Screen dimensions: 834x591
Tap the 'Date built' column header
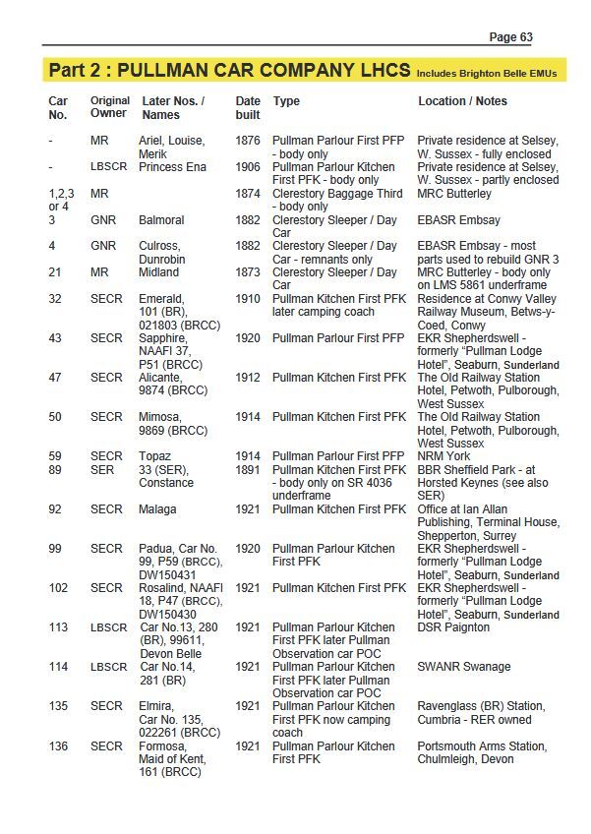click(x=248, y=107)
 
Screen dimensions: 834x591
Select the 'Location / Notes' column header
click(x=462, y=101)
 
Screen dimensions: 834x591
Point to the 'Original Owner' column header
click(x=110, y=107)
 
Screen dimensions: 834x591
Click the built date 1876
click(x=248, y=142)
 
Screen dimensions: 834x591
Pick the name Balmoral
click(x=161, y=220)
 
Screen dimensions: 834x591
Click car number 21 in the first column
click(x=56, y=272)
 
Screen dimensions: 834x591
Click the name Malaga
click(x=158, y=509)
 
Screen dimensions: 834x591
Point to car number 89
click(x=56, y=470)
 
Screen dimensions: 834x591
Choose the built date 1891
click(x=248, y=470)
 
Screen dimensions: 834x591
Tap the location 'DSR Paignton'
click(x=453, y=627)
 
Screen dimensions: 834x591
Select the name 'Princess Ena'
click(x=172, y=167)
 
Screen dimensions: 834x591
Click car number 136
click(x=59, y=746)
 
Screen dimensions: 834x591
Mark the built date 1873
click(x=248, y=272)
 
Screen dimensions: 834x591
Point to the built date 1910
click(x=248, y=299)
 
